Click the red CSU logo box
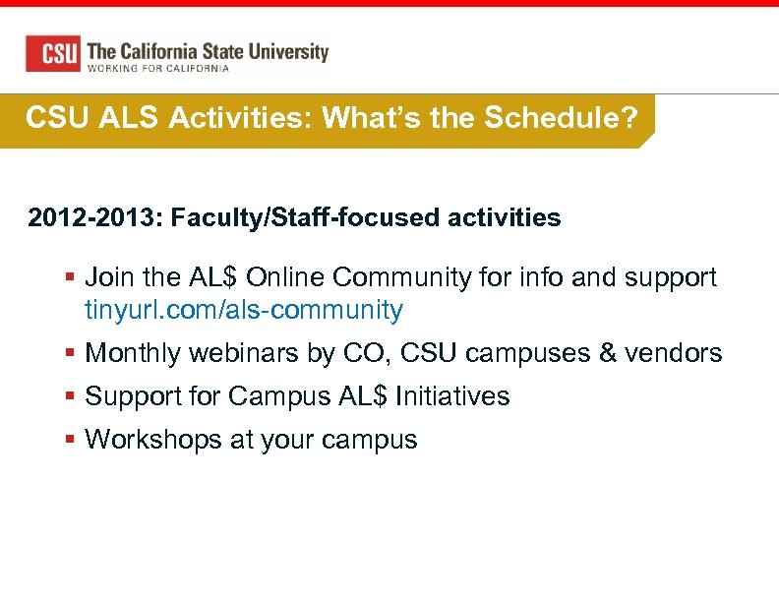[52, 53]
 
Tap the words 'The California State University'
[208, 51]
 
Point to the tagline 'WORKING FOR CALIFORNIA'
[158, 69]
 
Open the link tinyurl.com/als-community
[244, 311]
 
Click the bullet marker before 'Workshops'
[70, 440]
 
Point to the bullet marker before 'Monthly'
[70, 353]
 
